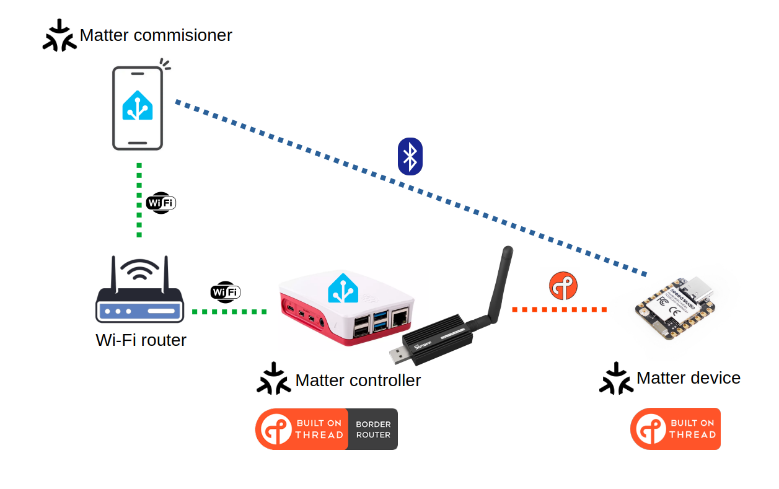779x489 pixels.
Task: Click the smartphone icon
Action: point(138,108)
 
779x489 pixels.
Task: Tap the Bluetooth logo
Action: point(410,156)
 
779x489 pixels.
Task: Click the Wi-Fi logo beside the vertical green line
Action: point(161,203)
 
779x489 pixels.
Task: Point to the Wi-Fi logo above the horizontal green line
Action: point(226,291)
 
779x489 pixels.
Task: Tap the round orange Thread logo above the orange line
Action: point(563,286)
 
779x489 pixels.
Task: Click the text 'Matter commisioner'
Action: point(156,35)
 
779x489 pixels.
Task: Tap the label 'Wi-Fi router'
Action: point(141,340)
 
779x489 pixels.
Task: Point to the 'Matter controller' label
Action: point(358,380)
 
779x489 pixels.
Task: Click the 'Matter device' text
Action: point(688,378)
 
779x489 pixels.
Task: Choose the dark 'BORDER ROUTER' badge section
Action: point(373,429)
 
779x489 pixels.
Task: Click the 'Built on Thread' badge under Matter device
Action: point(676,429)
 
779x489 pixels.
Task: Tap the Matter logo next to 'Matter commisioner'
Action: point(59,36)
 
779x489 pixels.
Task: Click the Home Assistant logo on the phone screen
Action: point(138,105)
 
